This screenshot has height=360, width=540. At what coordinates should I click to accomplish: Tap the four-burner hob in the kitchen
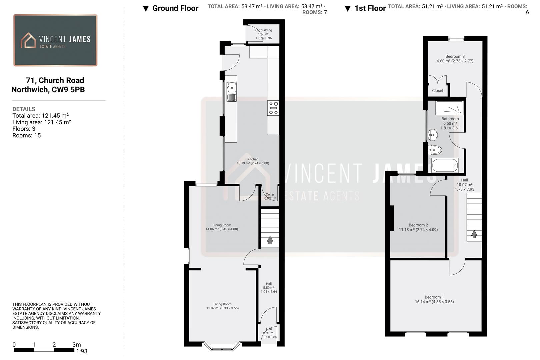273,108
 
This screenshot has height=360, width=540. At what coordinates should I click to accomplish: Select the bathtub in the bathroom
445,165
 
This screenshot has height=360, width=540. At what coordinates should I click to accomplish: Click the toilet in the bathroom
435,150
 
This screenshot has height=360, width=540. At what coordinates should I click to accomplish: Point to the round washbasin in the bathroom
433,135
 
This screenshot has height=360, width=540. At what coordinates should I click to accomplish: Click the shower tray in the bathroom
449,108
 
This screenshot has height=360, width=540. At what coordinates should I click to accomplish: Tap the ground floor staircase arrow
270,240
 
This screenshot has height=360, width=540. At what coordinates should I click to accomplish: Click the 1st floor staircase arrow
474,234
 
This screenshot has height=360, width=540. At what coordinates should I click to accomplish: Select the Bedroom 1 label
434,297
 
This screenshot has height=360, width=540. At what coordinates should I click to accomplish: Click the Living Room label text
222,304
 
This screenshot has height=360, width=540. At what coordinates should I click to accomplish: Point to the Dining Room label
222,225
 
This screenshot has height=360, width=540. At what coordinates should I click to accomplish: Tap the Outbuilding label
264,30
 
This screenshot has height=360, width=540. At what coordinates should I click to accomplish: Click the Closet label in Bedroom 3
438,91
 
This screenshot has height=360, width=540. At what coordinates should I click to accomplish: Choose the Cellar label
270,194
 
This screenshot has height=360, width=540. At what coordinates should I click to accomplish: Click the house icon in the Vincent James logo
28,40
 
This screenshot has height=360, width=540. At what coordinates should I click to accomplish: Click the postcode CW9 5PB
68,90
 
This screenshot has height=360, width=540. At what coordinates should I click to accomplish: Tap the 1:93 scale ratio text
82,351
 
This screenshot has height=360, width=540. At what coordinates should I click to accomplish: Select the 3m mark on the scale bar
76,345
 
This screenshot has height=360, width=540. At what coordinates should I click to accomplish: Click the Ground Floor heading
175,8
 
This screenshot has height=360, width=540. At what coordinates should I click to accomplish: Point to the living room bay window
222,348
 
